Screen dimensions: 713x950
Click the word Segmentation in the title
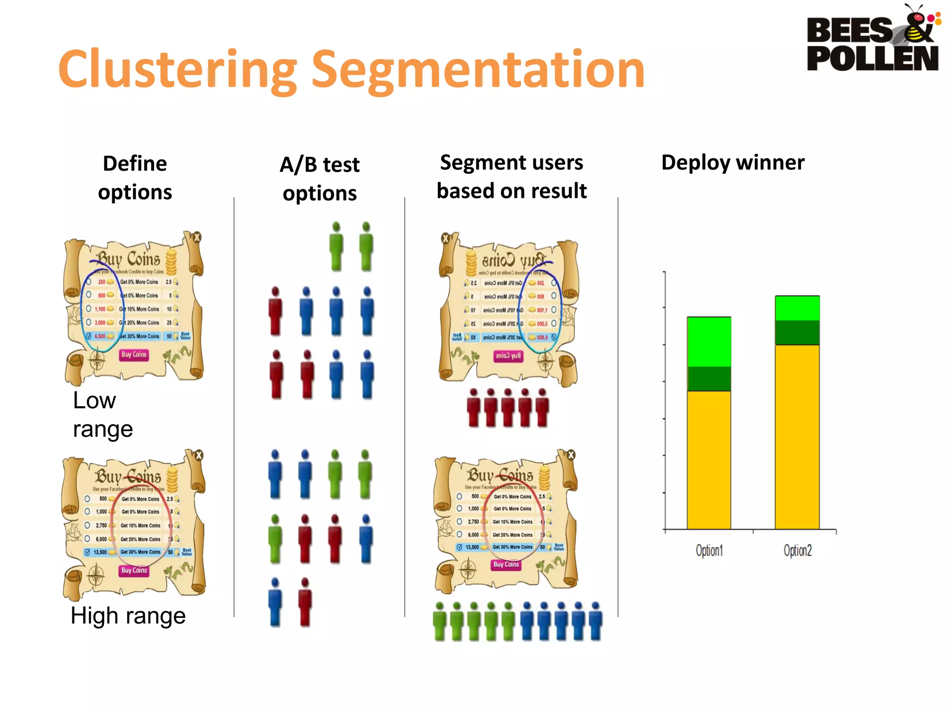click(478, 70)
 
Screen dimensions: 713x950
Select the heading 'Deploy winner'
click(733, 162)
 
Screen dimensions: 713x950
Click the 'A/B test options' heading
click(320, 179)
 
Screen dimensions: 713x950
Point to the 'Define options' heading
click(135, 178)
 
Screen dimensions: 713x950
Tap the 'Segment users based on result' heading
click(512, 177)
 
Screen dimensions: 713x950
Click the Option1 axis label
click(709, 551)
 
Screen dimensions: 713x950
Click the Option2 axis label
click(797, 551)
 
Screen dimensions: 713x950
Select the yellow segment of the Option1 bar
click(709, 460)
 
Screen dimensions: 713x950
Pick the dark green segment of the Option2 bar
click(797, 332)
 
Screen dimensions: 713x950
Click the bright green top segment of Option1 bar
click(709, 342)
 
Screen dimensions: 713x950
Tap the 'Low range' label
click(103, 415)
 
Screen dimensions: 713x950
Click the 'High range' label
click(128, 616)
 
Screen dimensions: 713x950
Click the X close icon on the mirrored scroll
click(446, 239)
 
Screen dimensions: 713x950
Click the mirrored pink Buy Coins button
click(508, 356)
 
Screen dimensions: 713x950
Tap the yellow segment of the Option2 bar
click(797, 436)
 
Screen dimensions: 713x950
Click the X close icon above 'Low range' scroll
click(197, 237)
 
